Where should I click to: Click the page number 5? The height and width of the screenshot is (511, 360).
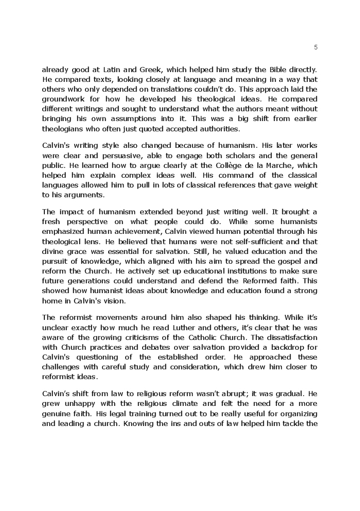[x=315, y=47]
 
